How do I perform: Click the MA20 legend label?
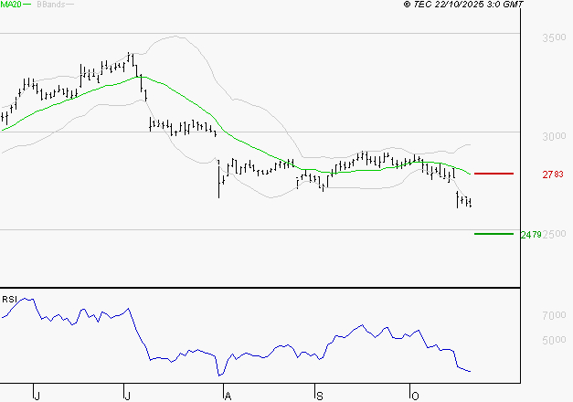tap(10, 5)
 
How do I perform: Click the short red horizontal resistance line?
tap(494, 173)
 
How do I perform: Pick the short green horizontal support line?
tap(494, 234)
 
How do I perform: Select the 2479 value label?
tap(530, 235)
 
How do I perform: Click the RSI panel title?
tap(9, 300)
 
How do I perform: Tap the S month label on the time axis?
tap(319, 395)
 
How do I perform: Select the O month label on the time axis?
tap(413, 395)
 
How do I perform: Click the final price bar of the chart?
tap(470, 202)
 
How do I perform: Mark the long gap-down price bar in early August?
tap(219, 179)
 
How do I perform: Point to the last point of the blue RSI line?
tap(471, 372)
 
